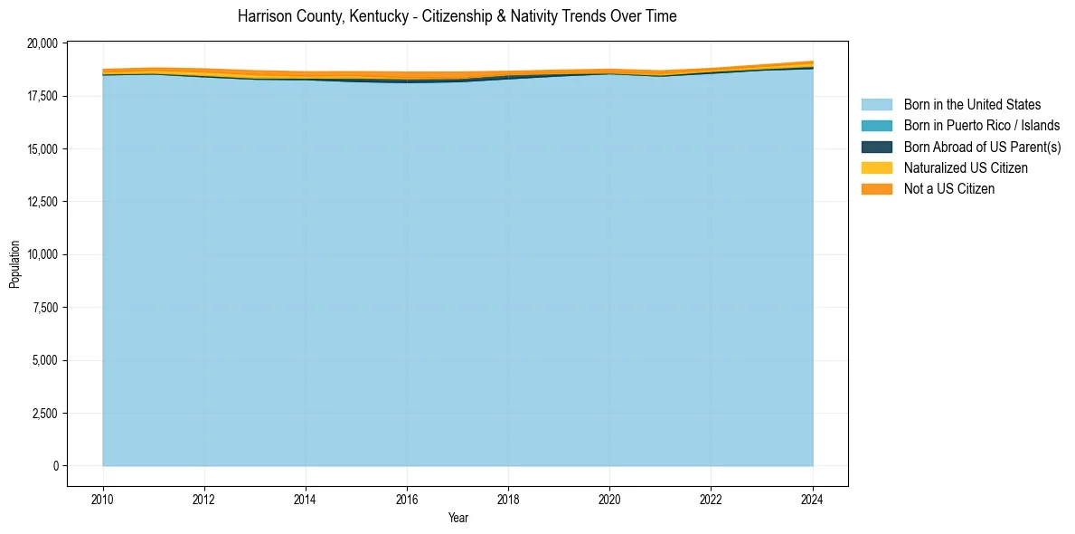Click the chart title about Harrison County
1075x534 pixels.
coord(457,16)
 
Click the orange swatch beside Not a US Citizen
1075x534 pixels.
coord(876,188)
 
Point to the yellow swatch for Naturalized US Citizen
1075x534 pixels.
coord(876,167)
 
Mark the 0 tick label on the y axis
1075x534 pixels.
coord(56,466)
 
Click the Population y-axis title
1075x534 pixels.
coord(14,264)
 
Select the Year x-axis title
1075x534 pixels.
coord(458,518)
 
